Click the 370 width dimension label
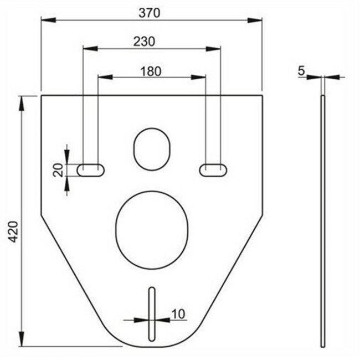coord(151,13)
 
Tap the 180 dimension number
coord(150,70)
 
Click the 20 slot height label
coord(58,170)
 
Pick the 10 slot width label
coord(178,313)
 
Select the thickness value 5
coord(301,70)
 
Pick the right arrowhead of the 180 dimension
coord(200,78)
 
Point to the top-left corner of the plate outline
coord(42,96)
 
